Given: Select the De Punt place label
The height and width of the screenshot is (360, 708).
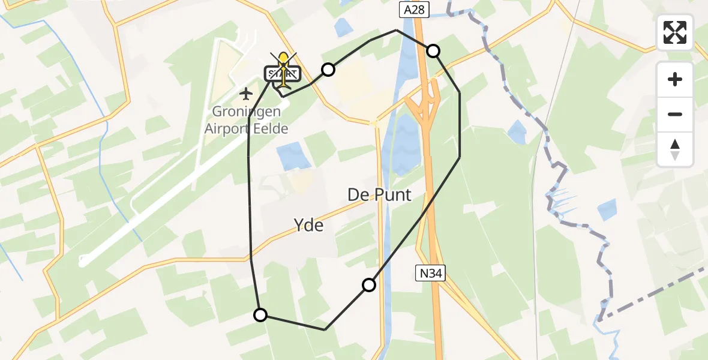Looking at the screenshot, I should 380,194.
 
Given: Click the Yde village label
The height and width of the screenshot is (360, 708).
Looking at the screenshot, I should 308,226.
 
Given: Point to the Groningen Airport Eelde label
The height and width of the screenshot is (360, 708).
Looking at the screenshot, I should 246,120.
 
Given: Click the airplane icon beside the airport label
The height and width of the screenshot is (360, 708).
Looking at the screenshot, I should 246,94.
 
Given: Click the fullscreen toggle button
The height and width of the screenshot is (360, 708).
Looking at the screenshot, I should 675,32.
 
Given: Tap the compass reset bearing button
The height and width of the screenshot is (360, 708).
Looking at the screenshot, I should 675,149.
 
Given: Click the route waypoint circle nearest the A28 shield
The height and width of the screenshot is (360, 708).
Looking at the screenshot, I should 433,51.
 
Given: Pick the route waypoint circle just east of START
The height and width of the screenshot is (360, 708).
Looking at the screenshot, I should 328,70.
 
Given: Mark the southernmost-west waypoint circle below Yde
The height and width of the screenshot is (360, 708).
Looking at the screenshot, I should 260,314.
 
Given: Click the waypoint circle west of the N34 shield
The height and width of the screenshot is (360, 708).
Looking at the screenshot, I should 369,285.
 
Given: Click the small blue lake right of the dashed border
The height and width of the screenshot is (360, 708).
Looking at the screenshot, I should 607,209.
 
